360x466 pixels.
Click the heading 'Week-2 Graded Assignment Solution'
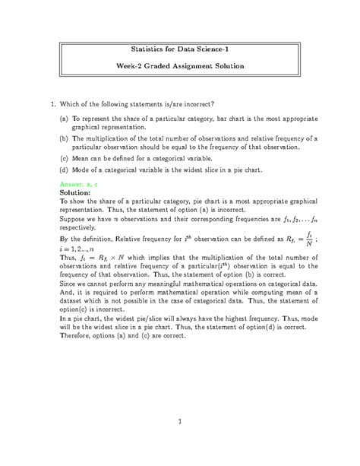point(180,66)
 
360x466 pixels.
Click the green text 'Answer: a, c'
point(81,185)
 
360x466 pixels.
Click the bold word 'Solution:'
point(75,193)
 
